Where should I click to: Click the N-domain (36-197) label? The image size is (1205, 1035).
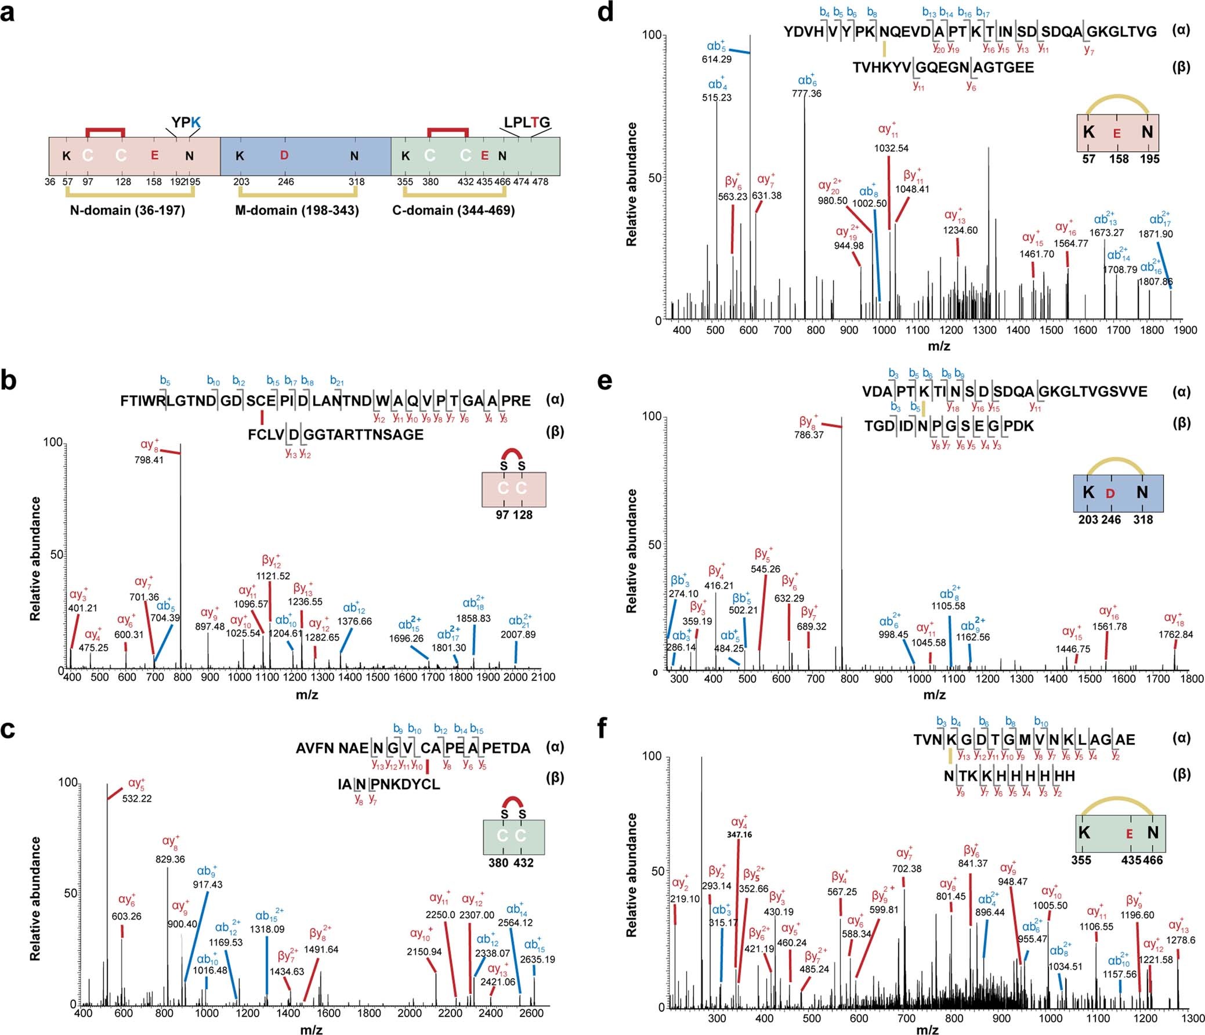pyautogui.click(x=128, y=210)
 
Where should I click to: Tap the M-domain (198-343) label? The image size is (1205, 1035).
pyautogui.click(x=296, y=210)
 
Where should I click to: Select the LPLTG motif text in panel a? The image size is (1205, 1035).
pyautogui.click(x=526, y=122)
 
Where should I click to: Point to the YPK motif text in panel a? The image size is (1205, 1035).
pyautogui.click(x=186, y=122)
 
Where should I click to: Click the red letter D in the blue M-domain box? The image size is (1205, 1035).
pyautogui.click(x=284, y=156)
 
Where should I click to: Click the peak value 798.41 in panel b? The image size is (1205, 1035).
pyautogui.click(x=150, y=460)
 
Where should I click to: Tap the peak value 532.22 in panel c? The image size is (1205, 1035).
pyautogui.click(x=137, y=799)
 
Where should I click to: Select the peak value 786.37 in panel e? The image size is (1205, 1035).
pyautogui.click(x=808, y=435)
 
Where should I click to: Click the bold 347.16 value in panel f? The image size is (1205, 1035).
pyautogui.click(x=739, y=835)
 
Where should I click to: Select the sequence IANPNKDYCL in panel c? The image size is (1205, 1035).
pyautogui.click(x=389, y=784)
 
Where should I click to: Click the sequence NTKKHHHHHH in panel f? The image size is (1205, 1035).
pyautogui.click(x=1009, y=776)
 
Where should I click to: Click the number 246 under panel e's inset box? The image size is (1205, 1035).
pyautogui.click(x=1111, y=519)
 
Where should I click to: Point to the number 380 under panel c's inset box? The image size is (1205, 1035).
pyautogui.click(x=498, y=863)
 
